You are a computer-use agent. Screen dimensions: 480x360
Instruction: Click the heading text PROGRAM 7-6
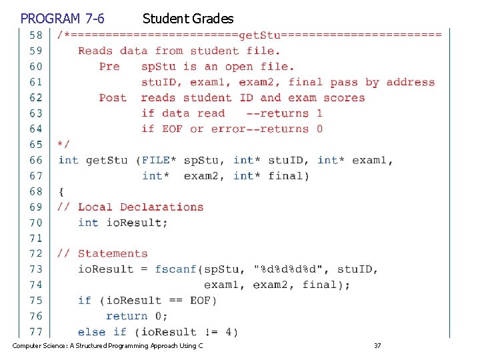[x=62, y=18]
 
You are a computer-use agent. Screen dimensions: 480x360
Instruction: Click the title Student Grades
[x=187, y=18]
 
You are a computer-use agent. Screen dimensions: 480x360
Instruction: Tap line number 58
[x=35, y=35]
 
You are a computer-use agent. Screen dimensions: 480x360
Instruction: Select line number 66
[x=35, y=160]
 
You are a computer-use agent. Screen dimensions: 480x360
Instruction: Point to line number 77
[x=35, y=331]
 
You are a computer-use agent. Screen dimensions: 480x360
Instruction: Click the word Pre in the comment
[x=109, y=66]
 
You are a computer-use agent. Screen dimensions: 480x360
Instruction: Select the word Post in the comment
[x=113, y=97]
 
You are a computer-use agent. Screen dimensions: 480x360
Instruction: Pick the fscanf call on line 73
[x=176, y=269]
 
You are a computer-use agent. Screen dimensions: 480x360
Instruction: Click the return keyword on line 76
[x=127, y=316]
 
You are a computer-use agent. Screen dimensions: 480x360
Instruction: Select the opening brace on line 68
[x=61, y=191]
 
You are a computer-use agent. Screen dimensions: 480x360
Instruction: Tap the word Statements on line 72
[x=113, y=253]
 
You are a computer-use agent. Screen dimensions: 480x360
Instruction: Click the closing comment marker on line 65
[x=63, y=144]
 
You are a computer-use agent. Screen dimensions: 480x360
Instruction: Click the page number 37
[x=377, y=345]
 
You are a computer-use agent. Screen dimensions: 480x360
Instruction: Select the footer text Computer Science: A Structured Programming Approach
[x=107, y=345]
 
